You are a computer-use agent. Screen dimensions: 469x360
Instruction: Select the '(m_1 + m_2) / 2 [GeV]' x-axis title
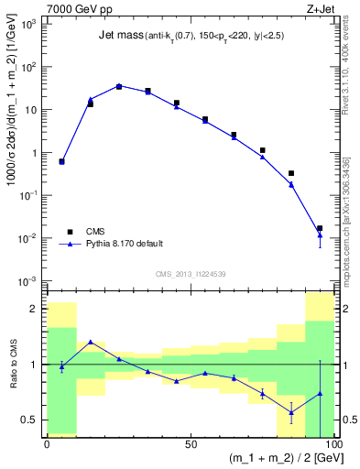pyautogui.click(x=276, y=460)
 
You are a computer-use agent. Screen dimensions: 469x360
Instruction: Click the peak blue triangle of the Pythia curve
pyautogui.click(x=119, y=86)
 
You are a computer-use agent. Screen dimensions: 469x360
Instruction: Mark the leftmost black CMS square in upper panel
pyautogui.click(x=61, y=161)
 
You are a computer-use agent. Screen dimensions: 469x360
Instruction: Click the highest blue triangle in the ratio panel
pyautogui.click(x=90, y=342)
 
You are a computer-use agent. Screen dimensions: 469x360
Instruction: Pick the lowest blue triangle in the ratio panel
pyautogui.click(x=291, y=412)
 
